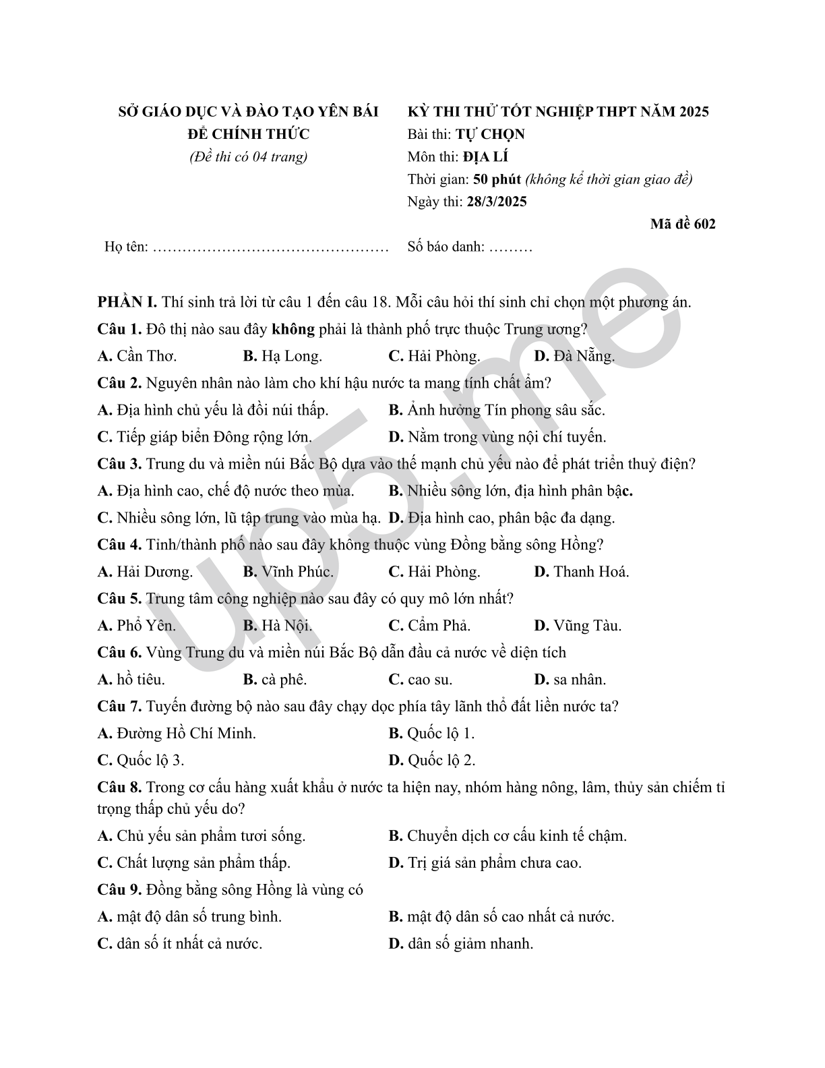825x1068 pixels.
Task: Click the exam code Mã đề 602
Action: [x=682, y=224]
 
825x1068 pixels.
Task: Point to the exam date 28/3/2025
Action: [x=496, y=202]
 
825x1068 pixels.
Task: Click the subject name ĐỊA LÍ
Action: [x=485, y=157]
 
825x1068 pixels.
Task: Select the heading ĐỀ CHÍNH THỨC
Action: [x=248, y=134]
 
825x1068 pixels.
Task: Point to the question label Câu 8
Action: [x=119, y=788]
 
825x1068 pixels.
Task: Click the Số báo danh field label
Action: [x=446, y=247]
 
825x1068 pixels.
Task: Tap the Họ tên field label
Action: [x=126, y=247]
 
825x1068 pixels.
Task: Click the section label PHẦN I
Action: [x=127, y=302]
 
